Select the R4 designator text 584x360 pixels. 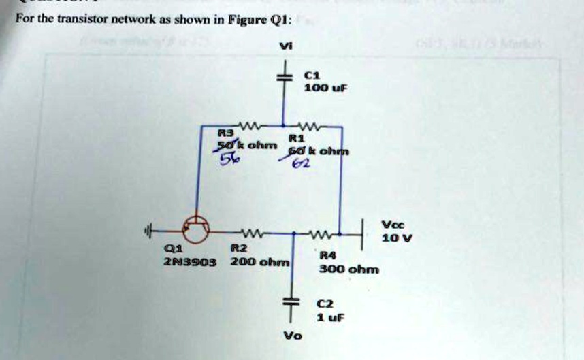[327, 255]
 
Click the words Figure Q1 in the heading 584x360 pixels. [263, 20]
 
